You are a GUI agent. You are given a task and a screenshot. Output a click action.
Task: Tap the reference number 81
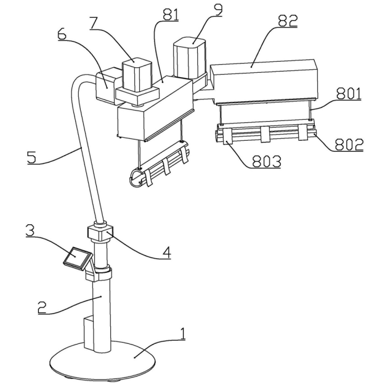171,15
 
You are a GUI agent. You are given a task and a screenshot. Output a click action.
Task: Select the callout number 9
218,10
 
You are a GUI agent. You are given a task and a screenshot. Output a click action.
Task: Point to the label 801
349,94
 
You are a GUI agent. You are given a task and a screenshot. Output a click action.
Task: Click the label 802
349,144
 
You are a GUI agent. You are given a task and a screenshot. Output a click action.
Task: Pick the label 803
267,162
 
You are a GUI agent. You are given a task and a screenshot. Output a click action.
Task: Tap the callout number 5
31,157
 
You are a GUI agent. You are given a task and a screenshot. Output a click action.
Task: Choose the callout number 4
166,253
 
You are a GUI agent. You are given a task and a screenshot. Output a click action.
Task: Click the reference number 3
30,230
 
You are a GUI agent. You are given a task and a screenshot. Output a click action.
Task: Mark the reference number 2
42,307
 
